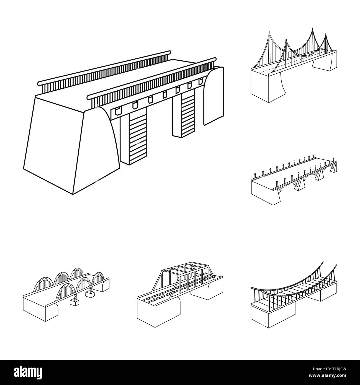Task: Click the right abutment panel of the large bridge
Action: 213,96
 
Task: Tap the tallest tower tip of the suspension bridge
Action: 312,28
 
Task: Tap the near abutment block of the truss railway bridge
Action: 159,312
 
